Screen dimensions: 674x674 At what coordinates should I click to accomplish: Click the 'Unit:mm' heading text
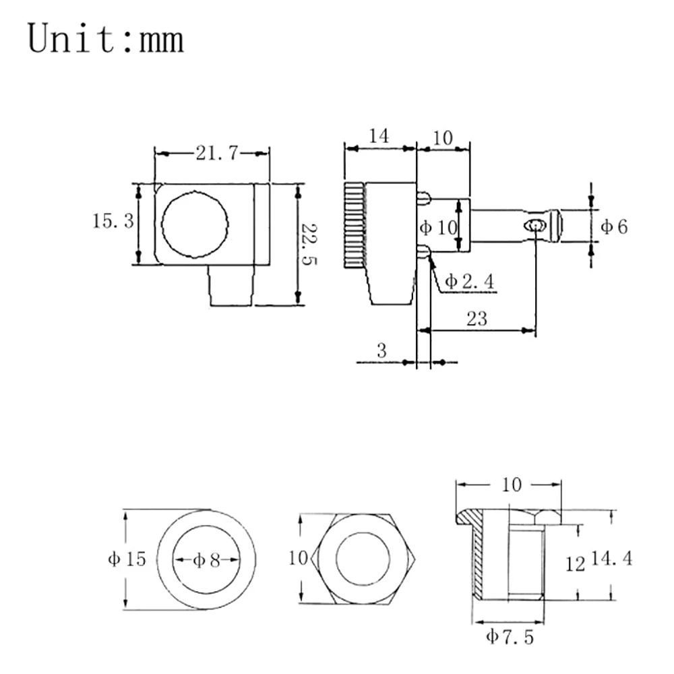106,38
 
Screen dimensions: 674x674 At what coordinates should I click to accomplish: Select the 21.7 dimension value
216,153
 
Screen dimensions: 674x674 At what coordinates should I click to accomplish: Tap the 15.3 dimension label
113,221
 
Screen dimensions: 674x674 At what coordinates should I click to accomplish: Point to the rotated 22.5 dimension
308,244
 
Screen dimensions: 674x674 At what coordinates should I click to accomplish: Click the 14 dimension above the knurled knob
379,136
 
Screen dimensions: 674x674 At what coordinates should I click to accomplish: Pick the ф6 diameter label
614,226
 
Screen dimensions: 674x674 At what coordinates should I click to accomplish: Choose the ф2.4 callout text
469,282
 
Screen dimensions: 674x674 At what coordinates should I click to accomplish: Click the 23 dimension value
477,319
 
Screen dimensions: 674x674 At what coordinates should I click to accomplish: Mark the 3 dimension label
381,351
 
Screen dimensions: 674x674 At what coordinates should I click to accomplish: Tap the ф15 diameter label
127,559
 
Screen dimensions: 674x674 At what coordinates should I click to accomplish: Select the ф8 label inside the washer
206,560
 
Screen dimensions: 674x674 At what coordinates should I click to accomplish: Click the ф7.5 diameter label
510,637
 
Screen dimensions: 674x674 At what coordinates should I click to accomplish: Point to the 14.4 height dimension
612,558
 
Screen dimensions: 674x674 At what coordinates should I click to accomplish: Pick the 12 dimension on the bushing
575,564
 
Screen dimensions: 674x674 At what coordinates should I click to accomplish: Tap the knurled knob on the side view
355,226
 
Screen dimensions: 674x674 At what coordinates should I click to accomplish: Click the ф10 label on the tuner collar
439,227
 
